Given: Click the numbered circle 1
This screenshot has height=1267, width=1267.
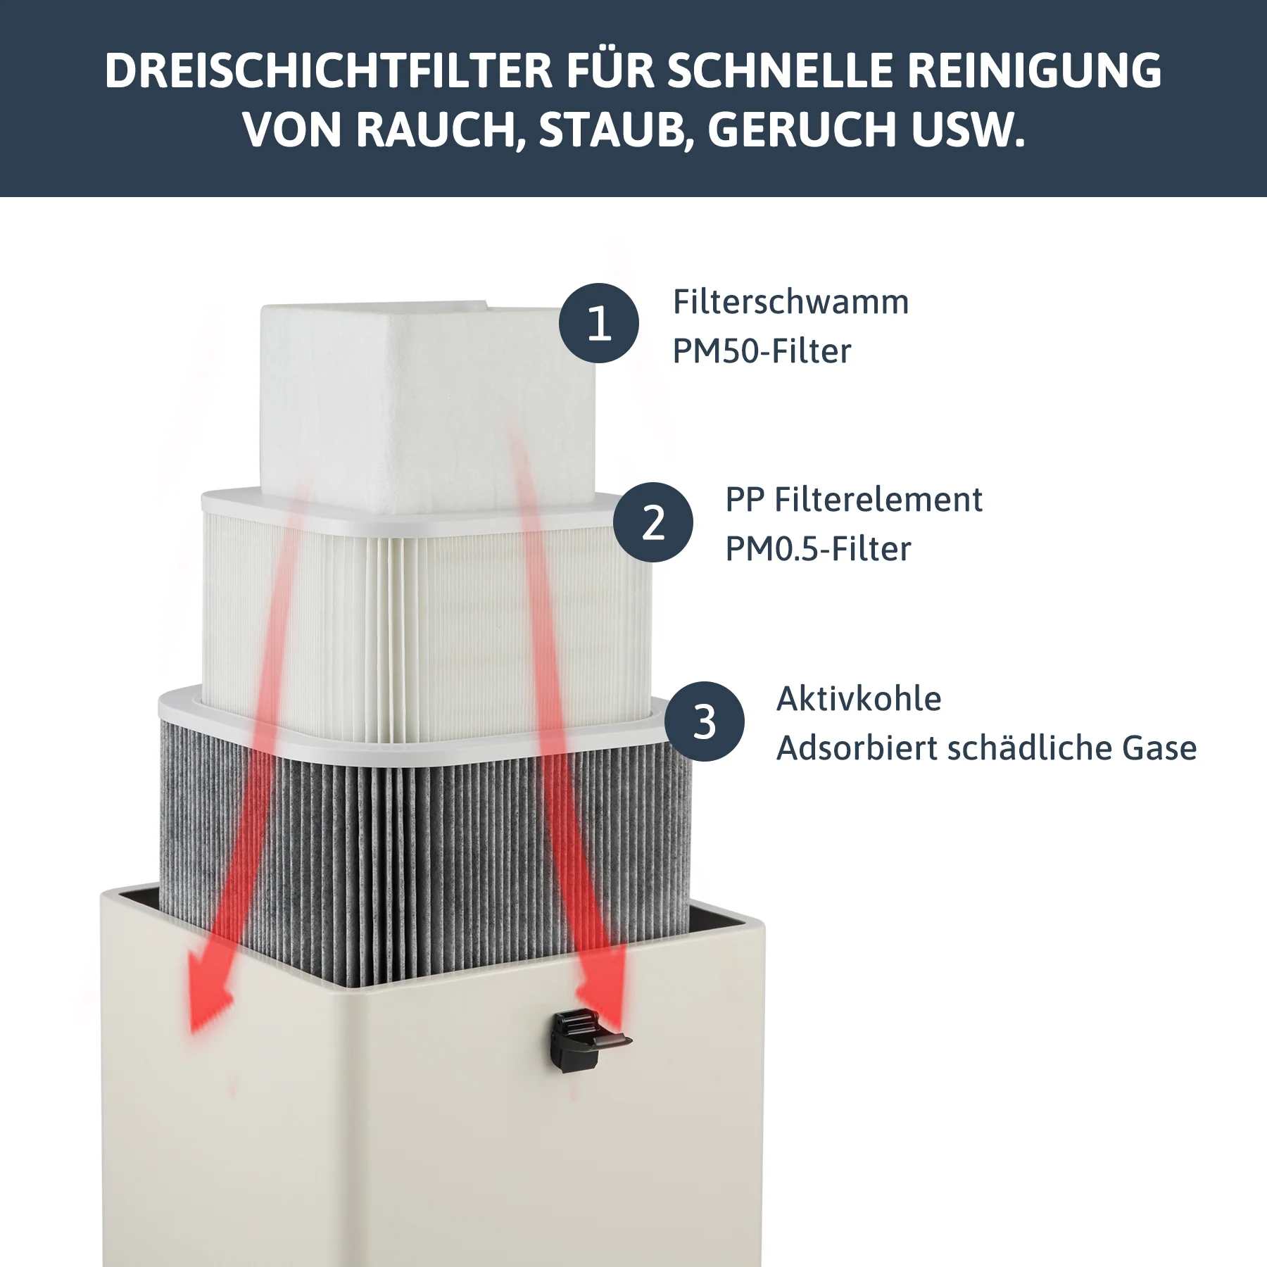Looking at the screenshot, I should click(x=599, y=323).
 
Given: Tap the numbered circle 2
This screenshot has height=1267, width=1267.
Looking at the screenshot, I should click(x=653, y=522).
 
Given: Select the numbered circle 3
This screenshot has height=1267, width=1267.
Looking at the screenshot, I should click(x=704, y=721).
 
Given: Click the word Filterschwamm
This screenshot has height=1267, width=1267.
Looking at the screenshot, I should click(x=790, y=302).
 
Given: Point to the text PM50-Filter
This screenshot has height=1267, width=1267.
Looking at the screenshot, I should click(x=762, y=351).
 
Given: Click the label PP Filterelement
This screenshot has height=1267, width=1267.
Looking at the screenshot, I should click(x=853, y=500).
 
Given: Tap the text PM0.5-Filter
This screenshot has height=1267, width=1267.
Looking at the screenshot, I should click(x=818, y=549).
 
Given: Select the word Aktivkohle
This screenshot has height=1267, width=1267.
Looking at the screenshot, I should click(x=858, y=699).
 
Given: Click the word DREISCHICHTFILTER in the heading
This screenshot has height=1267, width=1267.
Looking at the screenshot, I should click(x=328, y=71).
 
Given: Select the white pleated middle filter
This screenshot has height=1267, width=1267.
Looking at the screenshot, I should click(x=422, y=619).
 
